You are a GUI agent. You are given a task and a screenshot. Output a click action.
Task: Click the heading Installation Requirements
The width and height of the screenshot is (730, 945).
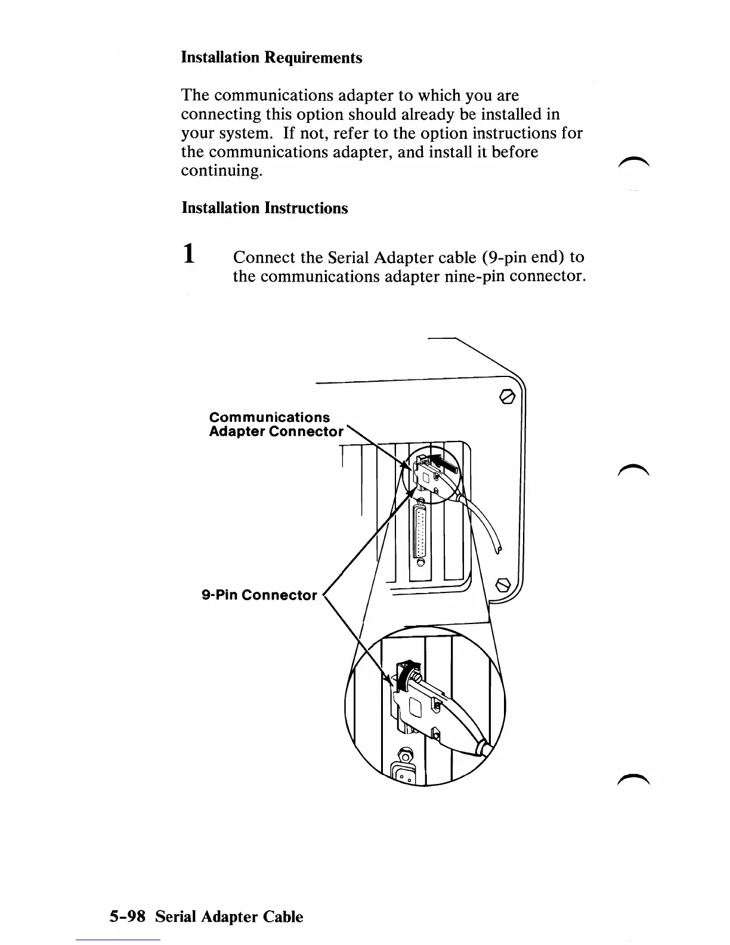pyautogui.click(x=271, y=58)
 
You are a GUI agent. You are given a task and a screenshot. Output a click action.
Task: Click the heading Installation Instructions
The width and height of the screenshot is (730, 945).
pyautogui.click(x=264, y=208)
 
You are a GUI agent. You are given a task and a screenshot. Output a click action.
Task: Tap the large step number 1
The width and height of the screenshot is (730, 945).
pyautogui.click(x=188, y=253)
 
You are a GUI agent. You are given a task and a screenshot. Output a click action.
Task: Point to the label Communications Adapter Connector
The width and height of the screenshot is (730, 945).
pyautogui.click(x=276, y=424)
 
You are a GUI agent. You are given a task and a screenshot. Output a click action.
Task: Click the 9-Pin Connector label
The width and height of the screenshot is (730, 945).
pyautogui.click(x=259, y=595)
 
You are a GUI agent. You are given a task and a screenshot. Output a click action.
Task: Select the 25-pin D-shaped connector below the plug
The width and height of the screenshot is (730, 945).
pyautogui.click(x=422, y=532)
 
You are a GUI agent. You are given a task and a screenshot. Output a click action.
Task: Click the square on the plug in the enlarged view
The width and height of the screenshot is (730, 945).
pyautogui.click(x=416, y=708)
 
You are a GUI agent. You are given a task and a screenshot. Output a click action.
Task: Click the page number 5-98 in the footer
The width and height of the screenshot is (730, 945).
pyautogui.click(x=127, y=916)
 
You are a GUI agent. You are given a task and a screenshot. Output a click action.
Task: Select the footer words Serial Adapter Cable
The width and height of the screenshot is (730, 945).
pyautogui.click(x=229, y=916)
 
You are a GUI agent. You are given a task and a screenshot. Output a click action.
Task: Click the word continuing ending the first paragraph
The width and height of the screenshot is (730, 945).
pyautogui.click(x=221, y=171)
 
